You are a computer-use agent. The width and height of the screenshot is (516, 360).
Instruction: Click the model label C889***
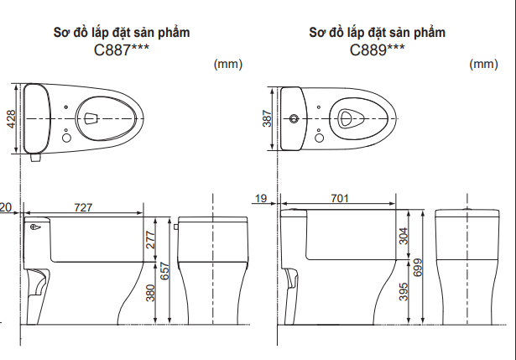pos(377,50)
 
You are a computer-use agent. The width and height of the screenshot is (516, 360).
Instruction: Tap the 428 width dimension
pos(11,118)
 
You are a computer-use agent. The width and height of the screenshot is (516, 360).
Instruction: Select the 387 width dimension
pos(267,118)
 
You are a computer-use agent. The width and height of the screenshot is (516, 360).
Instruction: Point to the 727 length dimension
pos(84,206)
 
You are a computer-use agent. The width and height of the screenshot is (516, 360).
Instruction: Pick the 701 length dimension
pos(339,198)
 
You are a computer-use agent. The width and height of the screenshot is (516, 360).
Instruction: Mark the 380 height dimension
pos(151,292)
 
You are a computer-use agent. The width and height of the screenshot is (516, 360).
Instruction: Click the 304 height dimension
pos(404,237)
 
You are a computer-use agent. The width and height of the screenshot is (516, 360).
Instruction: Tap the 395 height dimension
pos(404,291)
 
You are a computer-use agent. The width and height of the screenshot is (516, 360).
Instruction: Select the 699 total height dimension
pos(419,267)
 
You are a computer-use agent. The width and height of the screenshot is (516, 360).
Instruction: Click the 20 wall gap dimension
pos(6,206)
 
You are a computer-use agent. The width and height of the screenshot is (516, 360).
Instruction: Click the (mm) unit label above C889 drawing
pos(483,64)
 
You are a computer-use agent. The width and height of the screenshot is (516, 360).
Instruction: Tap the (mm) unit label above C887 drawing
pos(227,64)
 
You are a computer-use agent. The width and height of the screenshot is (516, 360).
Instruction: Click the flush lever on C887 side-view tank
pos(35,227)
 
